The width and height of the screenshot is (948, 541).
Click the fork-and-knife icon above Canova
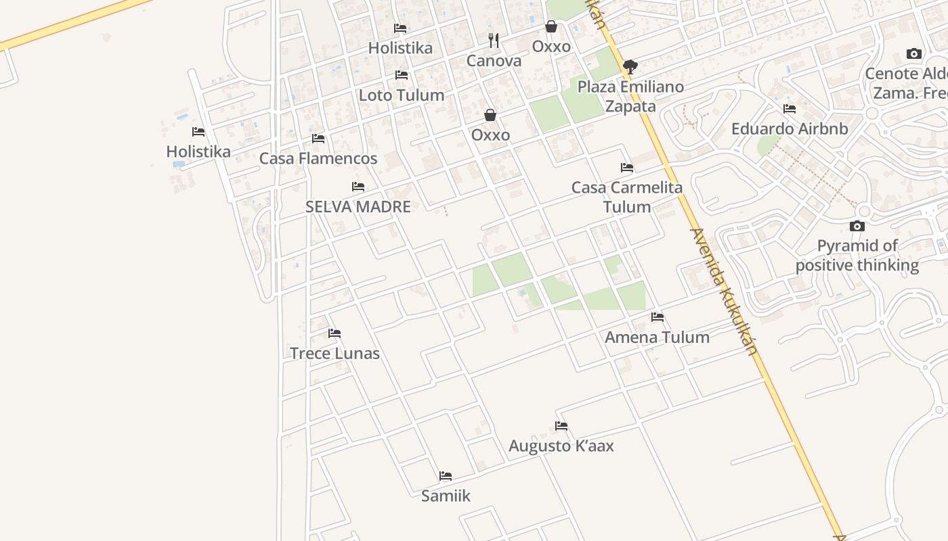coord(494,41)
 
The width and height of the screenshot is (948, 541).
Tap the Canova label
coord(494,61)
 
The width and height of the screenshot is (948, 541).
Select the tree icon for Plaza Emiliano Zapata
coord(630,66)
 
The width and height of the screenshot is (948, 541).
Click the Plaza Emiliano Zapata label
coord(630,96)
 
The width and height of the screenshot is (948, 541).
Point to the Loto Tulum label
coord(402,95)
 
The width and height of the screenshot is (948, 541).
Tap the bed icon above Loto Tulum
coord(402,75)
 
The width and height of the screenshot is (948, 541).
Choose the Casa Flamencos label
coord(318,158)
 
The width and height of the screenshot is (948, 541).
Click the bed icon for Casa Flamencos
coord(318,139)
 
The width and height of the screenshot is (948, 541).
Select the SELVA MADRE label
coord(358,207)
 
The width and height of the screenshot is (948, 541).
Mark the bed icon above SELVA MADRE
coord(358,187)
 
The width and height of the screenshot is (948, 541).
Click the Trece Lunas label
coord(335,353)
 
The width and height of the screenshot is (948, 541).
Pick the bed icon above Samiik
coord(446,476)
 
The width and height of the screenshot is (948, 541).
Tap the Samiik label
coord(446,496)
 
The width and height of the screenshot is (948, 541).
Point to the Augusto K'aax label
coord(561,446)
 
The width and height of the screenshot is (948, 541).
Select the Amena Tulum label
coord(657,337)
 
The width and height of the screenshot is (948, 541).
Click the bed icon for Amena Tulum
coord(657,317)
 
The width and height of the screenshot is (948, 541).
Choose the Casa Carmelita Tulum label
coord(627,197)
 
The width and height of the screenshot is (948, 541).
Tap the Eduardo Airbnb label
coord(790,128)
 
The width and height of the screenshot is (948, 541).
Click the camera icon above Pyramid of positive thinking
coord(857,227)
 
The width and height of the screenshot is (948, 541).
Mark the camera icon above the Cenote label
coord(914,54)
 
